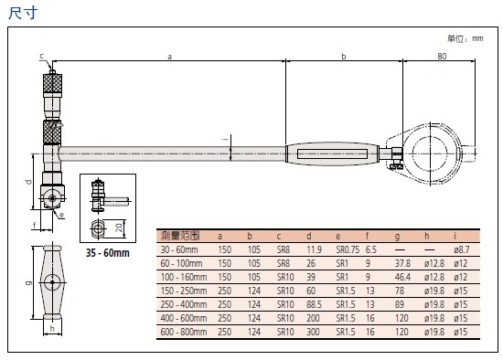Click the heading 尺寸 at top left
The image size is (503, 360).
coord(23,13)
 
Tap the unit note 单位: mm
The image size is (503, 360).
coord(466,38)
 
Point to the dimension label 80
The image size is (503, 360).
coord(442,56)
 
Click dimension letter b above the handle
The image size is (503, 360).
coord(344,57)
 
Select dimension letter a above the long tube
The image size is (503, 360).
coord(170,57)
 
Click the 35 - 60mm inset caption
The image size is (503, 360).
coord(108,252)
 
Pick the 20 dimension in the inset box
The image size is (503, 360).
coord(119,228)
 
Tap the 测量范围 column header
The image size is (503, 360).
coord(180,236)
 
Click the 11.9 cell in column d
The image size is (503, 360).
coord(314,249)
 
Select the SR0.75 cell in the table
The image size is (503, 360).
coord(348,249)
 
